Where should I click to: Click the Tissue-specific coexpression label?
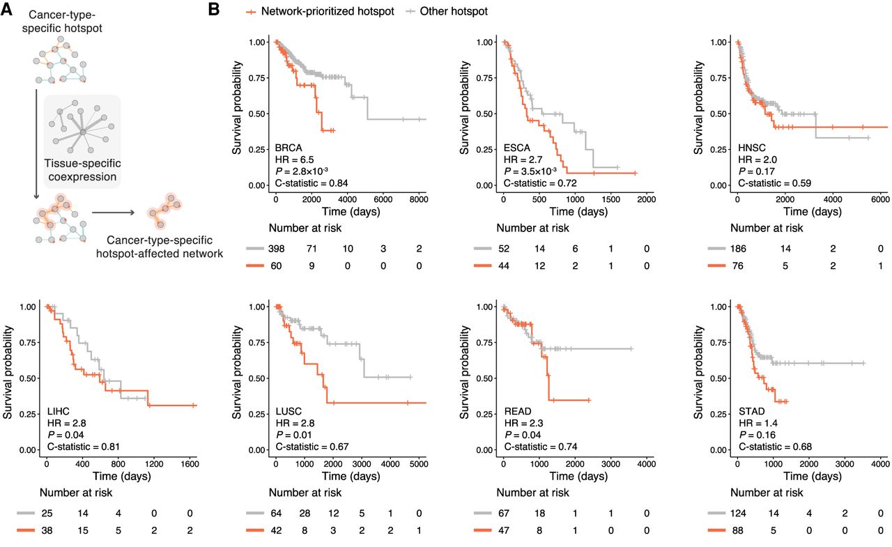pyautogui.click(x=82, y=170)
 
